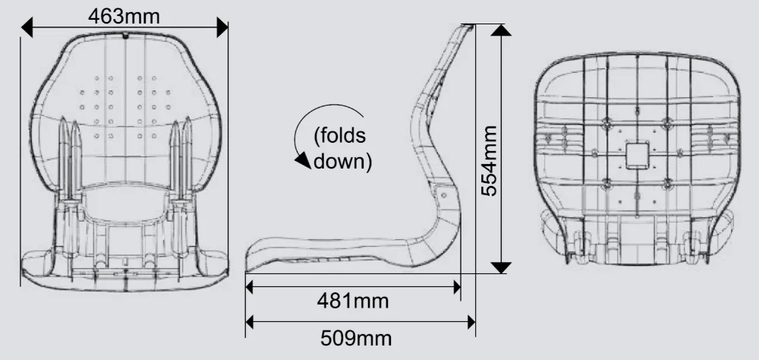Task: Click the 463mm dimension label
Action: tap(124, 16)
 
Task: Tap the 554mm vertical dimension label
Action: tap(489, 161)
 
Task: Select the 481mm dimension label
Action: tap(353, 301)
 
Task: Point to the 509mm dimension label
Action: tap(356, 338)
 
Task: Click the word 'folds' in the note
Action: tap(340, 135)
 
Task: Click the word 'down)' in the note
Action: tap(343, 161)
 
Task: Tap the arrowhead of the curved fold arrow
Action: tap(303, 160)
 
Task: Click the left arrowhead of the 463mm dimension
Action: tap(27, 27)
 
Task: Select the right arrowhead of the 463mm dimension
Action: tap(222, 27)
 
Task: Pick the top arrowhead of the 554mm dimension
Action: tap(501, 30)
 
